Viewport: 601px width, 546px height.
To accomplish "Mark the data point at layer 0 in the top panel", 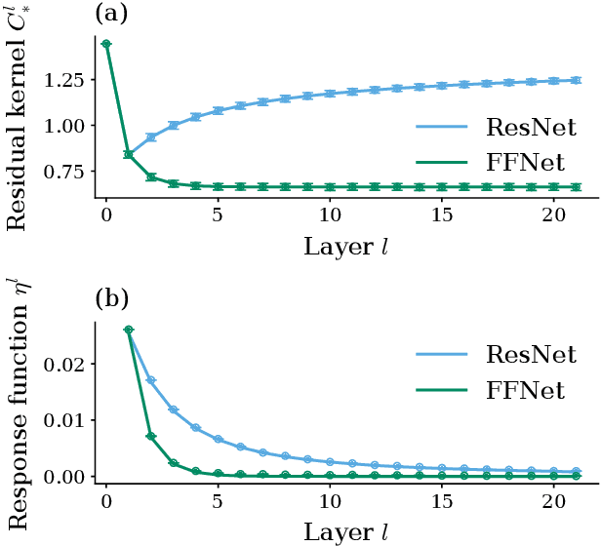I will [106, 44].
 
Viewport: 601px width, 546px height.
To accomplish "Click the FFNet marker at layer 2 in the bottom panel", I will [151, 436].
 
